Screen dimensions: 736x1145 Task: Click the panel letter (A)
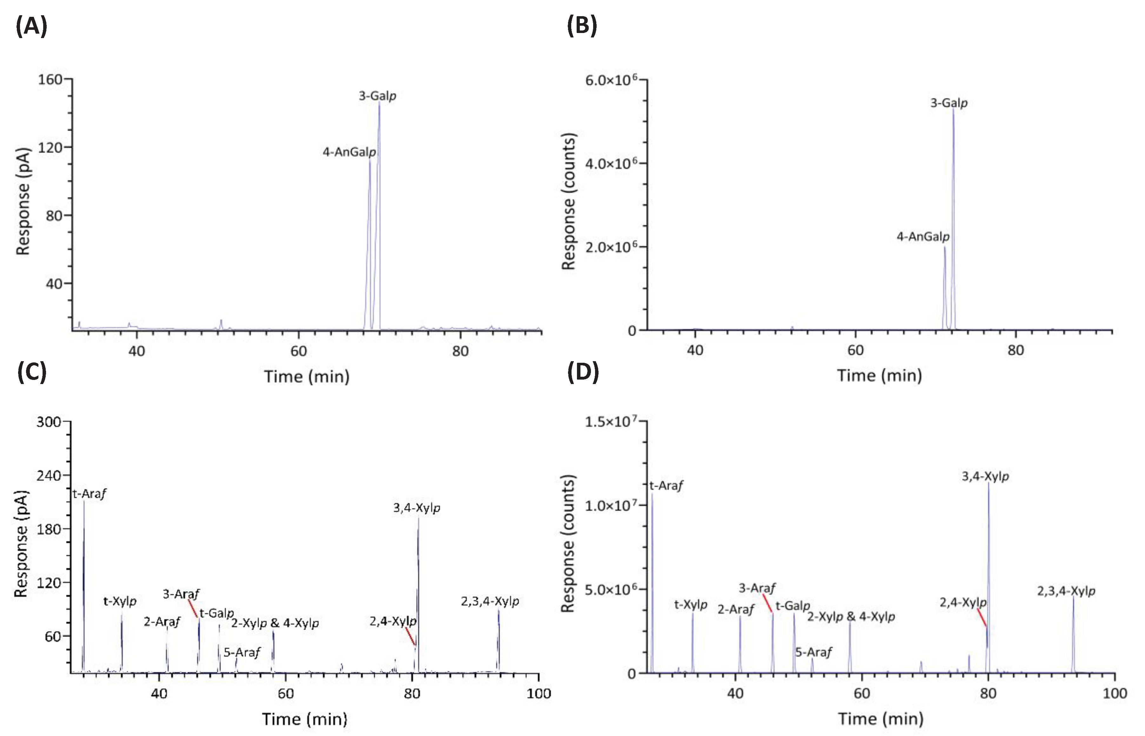tap(31, 26)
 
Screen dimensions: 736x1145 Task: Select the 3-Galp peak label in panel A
tap(378, 96)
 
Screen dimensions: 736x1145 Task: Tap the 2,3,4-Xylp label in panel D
tap(1066, 591)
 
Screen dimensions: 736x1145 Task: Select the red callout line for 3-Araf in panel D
tap(767, 603)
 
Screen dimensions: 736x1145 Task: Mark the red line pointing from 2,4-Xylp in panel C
tap(410, 636)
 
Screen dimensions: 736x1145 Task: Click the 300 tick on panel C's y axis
tap(49, 421)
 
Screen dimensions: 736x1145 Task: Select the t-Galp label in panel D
tap(793, 606)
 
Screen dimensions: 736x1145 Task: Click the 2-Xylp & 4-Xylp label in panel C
tap(275, 623)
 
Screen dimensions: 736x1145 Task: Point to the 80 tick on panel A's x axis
tap(460, 351)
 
